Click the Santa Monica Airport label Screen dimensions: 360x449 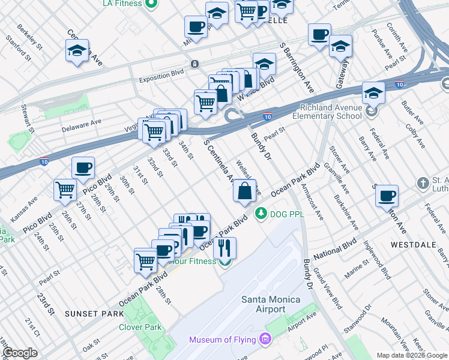(263, 304)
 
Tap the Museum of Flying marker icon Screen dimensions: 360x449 (265, 340)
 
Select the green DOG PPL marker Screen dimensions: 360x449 (261, 213)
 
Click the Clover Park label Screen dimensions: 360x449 (140, 328)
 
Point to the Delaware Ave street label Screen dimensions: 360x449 (82, 125)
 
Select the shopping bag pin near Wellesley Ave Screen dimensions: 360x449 (245, 192)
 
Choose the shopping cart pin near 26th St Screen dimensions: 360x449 (65, 190)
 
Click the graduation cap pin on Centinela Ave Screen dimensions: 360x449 (77, 52)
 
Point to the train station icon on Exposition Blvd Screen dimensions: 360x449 (194, 64)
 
